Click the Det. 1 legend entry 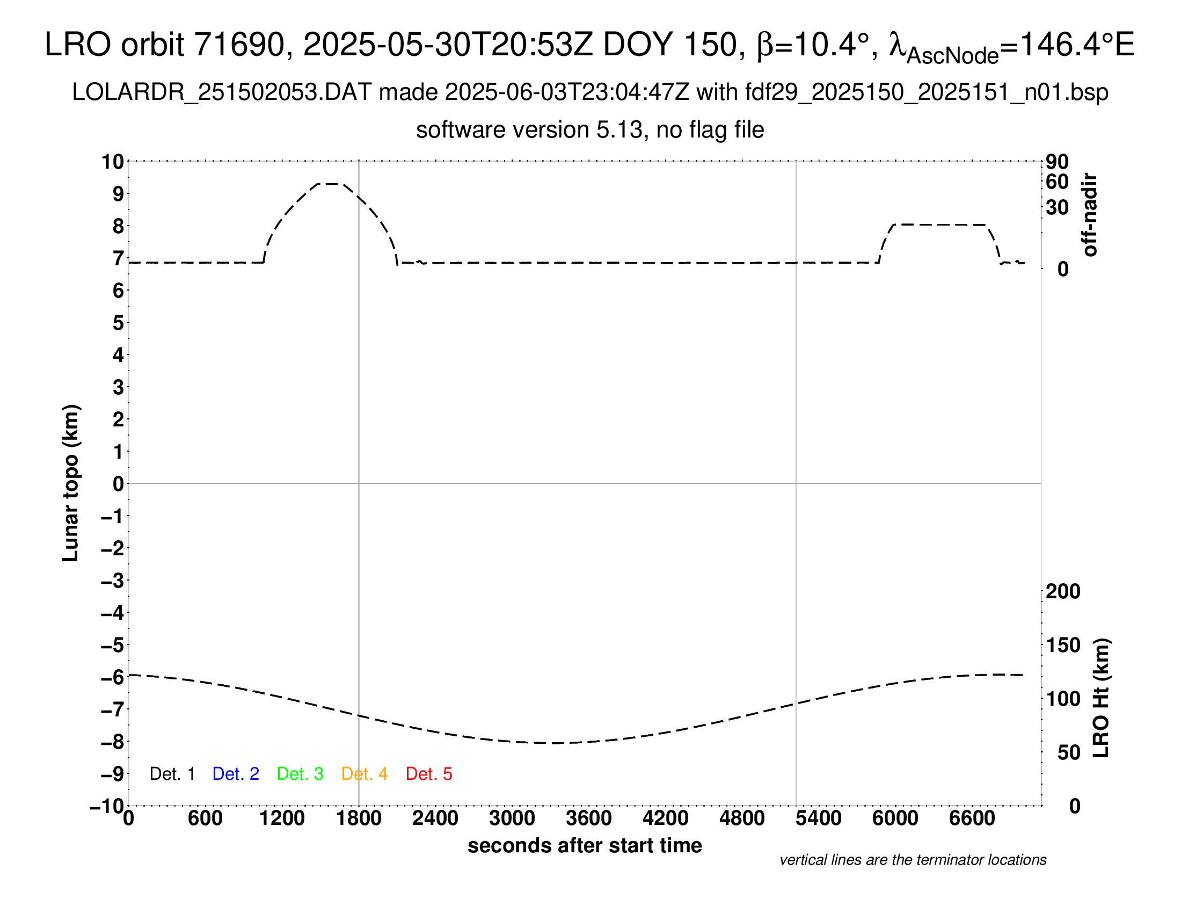[172, 774]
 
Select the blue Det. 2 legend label [236, 774]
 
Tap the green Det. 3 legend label [300, 774]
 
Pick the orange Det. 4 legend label [364, 774]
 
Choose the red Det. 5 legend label [429, 774]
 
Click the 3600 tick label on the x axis [588, 818]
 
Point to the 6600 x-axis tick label [972, 818]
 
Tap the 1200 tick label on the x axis [282, 818]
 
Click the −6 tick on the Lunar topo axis [113, 677]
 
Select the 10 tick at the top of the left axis [113, 162]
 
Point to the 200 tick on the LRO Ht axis [1062, 591]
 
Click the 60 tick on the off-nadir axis [1057, 182]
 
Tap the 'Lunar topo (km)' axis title [71, 483]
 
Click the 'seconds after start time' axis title [585, 845]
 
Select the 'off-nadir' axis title [1090, 215]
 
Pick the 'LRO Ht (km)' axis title [1101, 698]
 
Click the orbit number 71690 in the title [239, 45]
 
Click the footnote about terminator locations [913, 860]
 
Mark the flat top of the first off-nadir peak [328, 184]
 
